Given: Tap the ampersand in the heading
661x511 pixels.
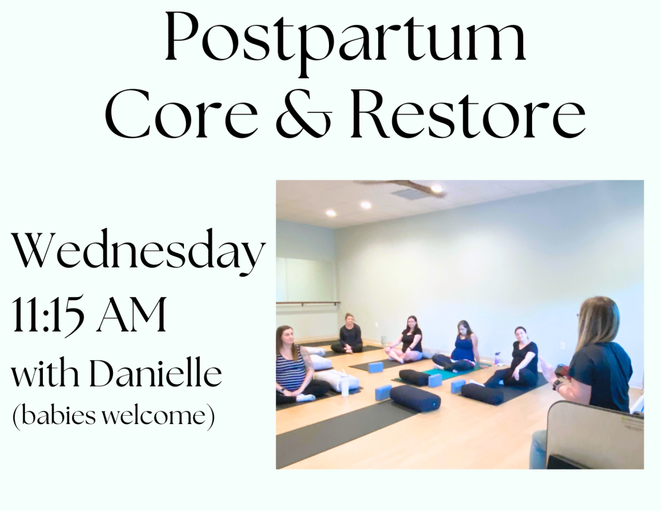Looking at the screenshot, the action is [305, 115].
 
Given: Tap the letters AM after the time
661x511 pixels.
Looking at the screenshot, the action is [132, 314].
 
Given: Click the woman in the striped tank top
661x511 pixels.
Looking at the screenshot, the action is [294, 365].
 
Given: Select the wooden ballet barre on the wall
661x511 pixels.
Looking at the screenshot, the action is [308, 303].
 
